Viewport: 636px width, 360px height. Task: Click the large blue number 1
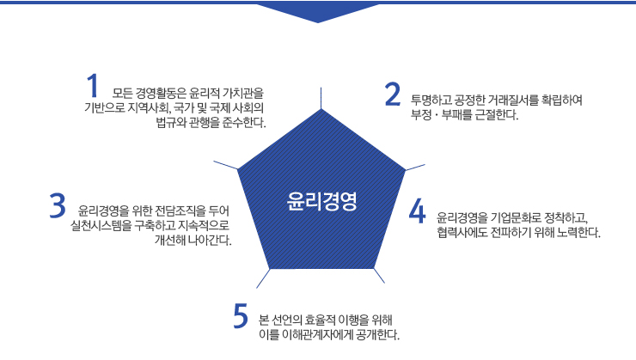[93, 86]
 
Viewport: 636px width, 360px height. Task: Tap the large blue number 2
[393, 95]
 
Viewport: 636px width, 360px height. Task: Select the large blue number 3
[58, 205]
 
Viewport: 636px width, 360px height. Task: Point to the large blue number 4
[418, 211]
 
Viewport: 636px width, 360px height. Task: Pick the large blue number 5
[241, 316]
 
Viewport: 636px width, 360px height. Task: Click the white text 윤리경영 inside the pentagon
[321, 201]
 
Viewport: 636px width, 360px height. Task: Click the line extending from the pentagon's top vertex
[321, 98]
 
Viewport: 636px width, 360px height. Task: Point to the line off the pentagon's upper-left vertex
[225, 165]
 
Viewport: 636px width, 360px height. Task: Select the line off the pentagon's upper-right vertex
[415, 168]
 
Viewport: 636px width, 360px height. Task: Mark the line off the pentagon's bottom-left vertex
[263, 278]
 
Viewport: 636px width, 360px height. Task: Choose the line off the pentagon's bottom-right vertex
[379, 276]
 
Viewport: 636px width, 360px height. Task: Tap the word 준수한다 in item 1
[244, 122]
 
